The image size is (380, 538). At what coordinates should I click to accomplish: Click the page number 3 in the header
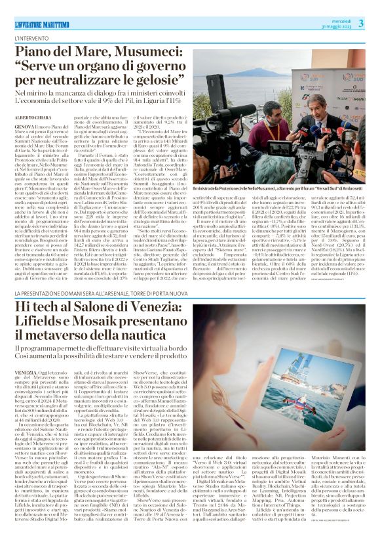pyautogui.click(x=361, y=24)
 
